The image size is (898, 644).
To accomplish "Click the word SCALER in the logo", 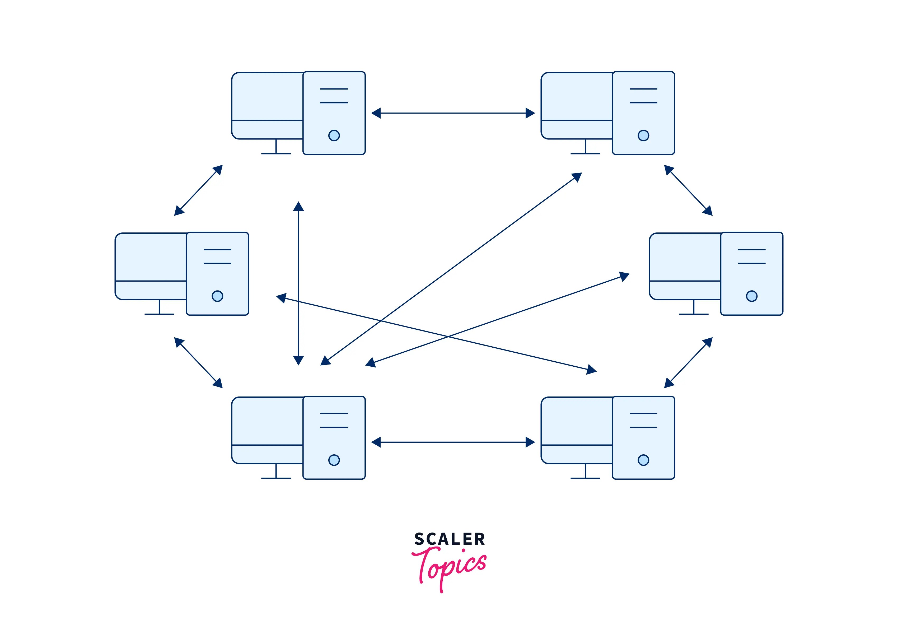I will coord(449,539).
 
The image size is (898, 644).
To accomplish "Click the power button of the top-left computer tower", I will coord(334,136).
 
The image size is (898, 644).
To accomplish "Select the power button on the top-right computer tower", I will coord(643,136).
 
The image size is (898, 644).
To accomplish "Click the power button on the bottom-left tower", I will coord(334,460).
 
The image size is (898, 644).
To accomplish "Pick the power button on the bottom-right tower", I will coord(643,460).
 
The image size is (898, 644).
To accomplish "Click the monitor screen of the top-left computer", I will coord(268,96).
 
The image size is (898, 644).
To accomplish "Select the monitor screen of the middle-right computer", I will coord(685,257).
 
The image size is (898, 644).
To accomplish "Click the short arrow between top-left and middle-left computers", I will coord(198,190).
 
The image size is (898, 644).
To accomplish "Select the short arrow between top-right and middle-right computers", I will coord(688,190).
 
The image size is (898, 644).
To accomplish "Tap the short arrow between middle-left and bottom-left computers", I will coord(198,362).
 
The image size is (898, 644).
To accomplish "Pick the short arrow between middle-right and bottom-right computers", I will coord(688,362).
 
